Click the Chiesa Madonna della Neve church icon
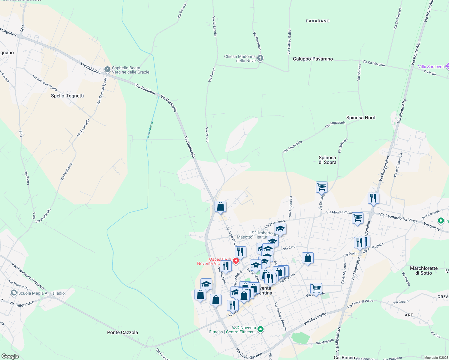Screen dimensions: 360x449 [260, 58]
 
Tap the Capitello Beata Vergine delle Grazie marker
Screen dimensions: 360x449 [107, 70]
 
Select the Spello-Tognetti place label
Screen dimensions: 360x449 [67, 96]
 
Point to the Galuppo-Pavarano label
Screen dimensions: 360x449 [313, 59]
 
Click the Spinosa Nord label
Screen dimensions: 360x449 [360, 118]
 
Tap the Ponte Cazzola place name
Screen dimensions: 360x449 [122, 332]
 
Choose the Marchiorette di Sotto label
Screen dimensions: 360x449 [423, 271]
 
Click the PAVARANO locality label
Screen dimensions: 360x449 [318, 21]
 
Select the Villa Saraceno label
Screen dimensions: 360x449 [431, 67]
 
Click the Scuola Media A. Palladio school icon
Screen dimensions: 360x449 [14, 293]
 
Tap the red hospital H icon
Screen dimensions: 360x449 [236, 261]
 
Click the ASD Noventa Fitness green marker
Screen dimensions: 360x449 [261, 329]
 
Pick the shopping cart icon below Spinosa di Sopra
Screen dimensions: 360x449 [321, 187]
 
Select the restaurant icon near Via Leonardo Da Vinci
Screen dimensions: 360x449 [373, 198]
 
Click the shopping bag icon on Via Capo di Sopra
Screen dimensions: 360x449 [220, 206]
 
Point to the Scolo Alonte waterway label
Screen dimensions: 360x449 [150, 130]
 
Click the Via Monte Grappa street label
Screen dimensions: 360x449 [339, 212]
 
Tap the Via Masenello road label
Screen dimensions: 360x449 [315, 319]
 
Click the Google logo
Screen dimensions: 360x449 [10, 356]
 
